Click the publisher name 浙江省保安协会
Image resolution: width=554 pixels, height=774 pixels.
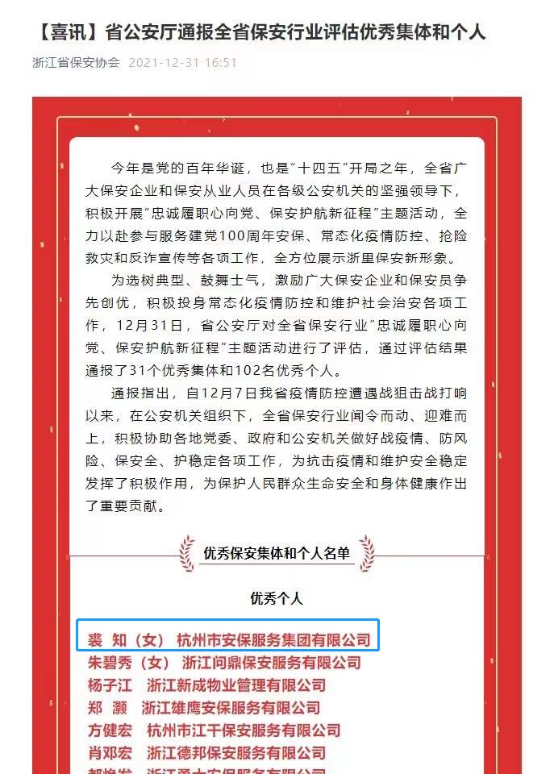(76, 62)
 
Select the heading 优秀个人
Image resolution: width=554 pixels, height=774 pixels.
(277, 598)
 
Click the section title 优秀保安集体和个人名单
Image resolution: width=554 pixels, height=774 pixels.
(277, 553)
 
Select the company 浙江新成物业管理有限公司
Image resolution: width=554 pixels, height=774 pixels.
(237, 685)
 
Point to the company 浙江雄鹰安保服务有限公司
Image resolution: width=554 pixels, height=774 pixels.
(231, 708)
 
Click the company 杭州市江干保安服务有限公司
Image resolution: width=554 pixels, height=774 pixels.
(244, 730)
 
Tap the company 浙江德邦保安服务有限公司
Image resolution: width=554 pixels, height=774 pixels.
(237, 753)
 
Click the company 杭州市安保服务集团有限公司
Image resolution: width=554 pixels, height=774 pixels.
(273, 640)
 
